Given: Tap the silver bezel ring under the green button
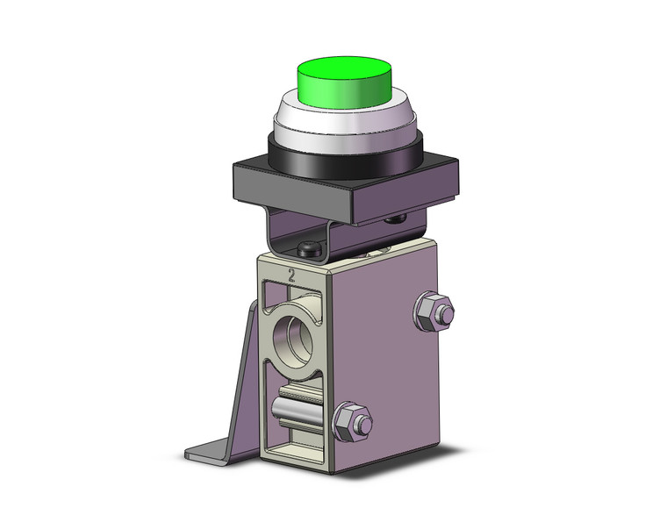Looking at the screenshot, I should [x=343, y=125].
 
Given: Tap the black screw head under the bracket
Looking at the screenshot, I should [x=309, y=250].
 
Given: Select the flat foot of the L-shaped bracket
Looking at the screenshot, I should [x=215, y=452].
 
